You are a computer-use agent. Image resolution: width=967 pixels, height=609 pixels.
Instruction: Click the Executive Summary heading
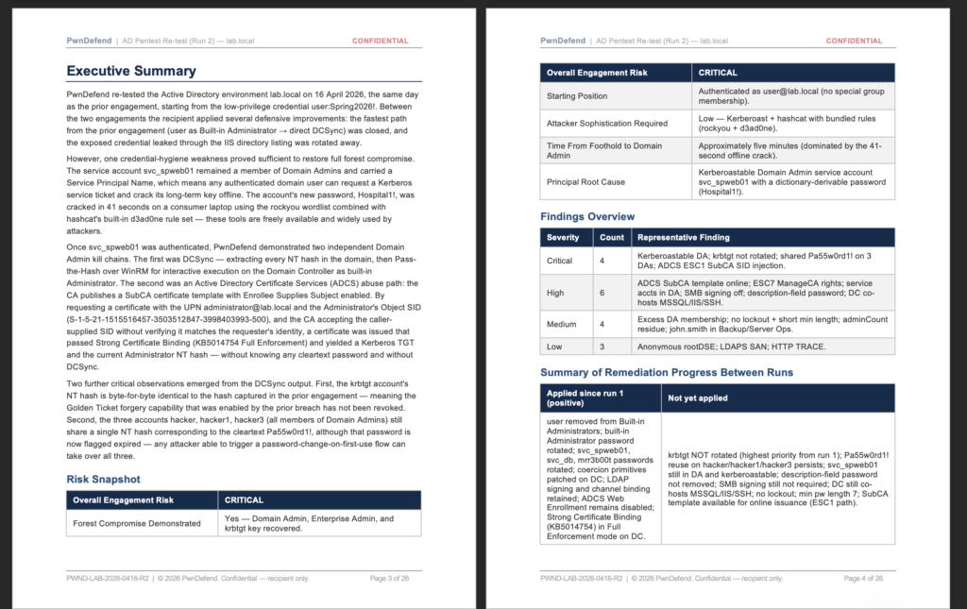click(x=131, y=71)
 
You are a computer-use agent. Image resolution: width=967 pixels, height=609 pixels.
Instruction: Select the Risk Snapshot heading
click(x=103, y=479)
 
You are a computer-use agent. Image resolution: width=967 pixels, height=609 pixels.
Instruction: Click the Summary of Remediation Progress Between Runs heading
click(x=667, y=371)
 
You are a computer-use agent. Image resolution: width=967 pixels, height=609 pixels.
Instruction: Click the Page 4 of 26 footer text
click(x=864, y=578)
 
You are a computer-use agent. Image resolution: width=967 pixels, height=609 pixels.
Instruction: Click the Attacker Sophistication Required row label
click(x=607, y=123)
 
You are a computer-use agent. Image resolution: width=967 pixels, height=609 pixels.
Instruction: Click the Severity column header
click(x=563, y=237)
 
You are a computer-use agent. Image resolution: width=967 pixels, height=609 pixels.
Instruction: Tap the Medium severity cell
click(x=563, y=324)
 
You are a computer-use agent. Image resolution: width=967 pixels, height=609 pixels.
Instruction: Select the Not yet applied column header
click(x=698, y=398)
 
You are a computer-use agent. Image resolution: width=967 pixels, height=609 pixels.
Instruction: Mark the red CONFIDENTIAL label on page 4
click(x=855, y=41)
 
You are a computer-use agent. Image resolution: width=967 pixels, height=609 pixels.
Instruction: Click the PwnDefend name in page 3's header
click(x=88, y=41)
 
